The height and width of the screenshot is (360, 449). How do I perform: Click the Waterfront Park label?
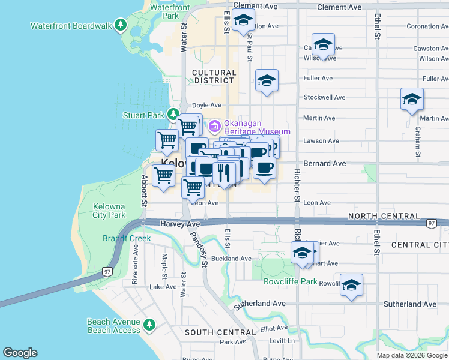[x=170, y=11]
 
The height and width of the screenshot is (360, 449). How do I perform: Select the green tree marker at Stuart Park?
[x=173, y=113]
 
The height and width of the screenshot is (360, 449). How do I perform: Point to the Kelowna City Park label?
[x=109, y=211]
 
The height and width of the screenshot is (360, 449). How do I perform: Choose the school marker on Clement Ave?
[x=243, y=20]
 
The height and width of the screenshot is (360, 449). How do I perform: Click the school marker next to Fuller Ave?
[x=267, y=81]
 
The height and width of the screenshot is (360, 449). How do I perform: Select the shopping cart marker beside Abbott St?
[x=164, y=176]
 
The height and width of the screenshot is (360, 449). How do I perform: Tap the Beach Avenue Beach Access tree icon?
[x=149, y=325]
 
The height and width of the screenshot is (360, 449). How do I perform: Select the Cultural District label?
[x=214, y=76]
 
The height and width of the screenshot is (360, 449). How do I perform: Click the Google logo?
[x=20, y=353]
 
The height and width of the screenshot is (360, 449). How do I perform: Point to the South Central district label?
[x=220, y=332]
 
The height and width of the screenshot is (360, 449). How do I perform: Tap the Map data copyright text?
[x=412, y=355]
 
